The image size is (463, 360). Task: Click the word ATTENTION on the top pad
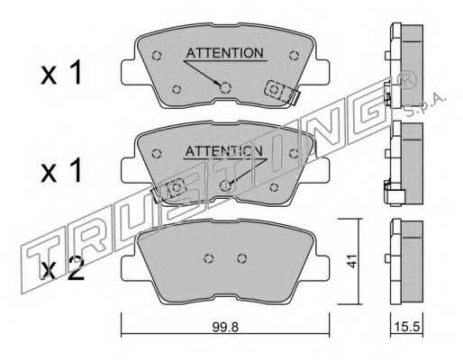(224, 53)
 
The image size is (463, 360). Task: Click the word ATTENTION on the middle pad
(223, 151)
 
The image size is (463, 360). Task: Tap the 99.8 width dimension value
(225, 327)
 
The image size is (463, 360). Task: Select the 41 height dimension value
(351, 261)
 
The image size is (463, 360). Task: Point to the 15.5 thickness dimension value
(406, 327)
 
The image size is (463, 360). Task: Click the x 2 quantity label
(63, 269)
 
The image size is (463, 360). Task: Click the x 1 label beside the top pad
(61, 72)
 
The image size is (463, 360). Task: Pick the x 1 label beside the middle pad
(61, 170)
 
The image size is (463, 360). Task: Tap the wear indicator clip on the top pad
(281, 93)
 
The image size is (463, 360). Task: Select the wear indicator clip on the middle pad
(168, 191)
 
